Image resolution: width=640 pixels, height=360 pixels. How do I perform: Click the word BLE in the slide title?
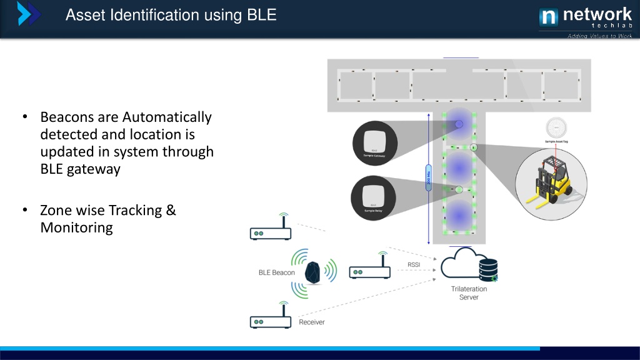click(x=261, y=14)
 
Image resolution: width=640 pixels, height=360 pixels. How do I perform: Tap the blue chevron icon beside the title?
click(x=29, y=14)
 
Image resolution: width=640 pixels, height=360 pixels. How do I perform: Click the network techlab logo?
click(x=585, y=17)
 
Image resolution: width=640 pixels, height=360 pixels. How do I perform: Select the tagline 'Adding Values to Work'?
click(x=599, y=36)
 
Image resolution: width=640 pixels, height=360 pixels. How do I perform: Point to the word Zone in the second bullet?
click(x=57, y=210)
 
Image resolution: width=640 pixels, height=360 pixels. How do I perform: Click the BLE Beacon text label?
click(x=277, y=272)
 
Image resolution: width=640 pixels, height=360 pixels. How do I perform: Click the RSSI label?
click(x=414, y=264)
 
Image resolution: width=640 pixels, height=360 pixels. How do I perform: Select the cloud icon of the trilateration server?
click(x=460, y=264)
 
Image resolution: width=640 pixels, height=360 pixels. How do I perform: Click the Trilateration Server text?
click(x=469, y=293)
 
